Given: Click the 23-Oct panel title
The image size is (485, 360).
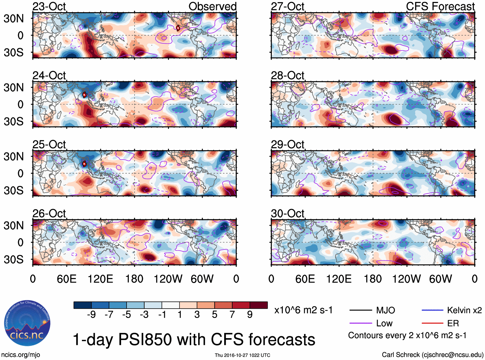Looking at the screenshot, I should click(49, 6).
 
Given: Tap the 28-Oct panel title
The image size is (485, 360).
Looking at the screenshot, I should click(287, 75).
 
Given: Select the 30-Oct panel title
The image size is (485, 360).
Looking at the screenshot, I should click(287, 214).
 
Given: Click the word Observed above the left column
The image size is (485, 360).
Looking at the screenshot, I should click(212, 6).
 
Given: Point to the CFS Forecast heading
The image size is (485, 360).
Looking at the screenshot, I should click(440, 6).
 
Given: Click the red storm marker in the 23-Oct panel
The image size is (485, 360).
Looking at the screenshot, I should click(178, 28).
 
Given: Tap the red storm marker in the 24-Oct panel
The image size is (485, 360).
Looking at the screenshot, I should click(84, 95).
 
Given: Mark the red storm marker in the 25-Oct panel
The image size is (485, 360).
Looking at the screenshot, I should click(84, 164).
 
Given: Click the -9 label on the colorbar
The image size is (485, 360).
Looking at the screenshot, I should click(91, 314).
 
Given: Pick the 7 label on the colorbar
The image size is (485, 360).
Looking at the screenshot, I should click(232, 314).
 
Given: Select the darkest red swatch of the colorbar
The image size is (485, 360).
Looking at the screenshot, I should click(259, 305).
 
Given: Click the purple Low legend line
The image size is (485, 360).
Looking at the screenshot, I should click(361, 323).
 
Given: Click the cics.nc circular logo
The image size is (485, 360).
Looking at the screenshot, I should click(27, 323).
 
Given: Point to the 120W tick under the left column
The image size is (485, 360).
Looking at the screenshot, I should click(168, 279).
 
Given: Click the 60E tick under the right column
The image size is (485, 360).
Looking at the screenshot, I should click(305, 279).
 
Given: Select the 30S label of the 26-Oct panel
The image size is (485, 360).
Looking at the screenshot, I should click(13, 259).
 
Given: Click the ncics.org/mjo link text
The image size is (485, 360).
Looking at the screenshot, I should click(21, 355).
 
